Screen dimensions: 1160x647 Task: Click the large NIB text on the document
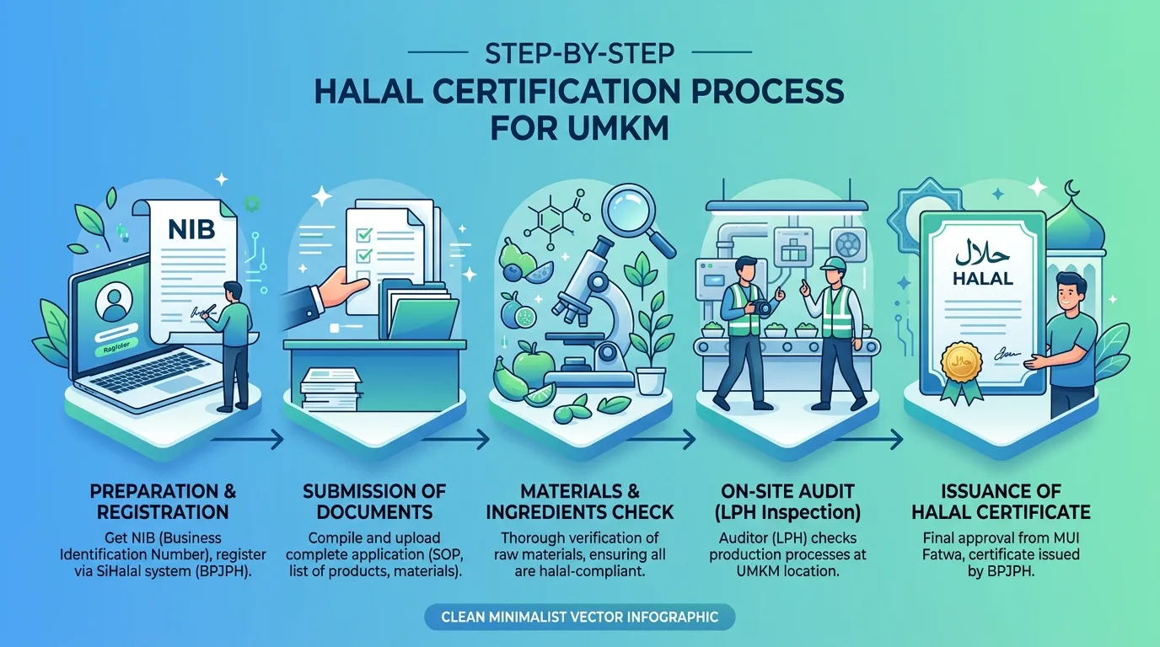coord(191,229)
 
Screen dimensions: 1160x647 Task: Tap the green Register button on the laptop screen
coord(116,348)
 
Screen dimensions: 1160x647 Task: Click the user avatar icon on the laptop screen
coord(114,303)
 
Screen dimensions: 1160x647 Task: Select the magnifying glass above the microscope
coord(638,221)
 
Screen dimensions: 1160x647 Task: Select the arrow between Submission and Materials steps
coord(455,440)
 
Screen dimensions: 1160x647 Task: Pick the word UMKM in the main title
coord(617,128)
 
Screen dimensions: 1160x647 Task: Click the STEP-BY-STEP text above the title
coord(579,53)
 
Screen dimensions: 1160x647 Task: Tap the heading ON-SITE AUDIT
coord(787,490)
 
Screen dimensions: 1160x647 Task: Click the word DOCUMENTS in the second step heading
coord(374,512)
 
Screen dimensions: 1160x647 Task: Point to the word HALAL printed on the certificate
coord(982,279)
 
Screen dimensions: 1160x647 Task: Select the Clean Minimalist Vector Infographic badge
coord(579,617)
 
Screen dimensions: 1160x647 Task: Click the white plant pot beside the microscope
coord(651,381)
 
